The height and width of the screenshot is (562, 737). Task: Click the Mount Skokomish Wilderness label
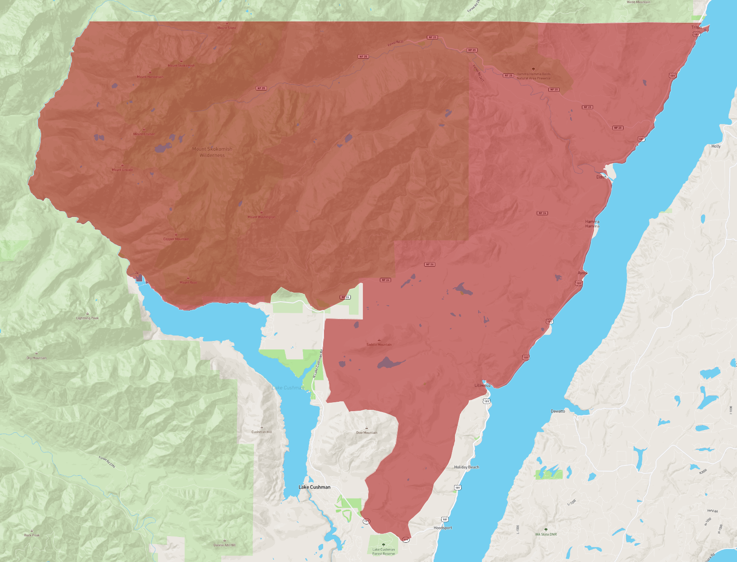(x=212, y=152)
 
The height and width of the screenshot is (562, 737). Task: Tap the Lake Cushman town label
(x=315, y=487)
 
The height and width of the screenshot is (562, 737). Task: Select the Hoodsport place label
(x=442, y=528)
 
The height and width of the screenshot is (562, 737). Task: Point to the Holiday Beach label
(x=467, y=467)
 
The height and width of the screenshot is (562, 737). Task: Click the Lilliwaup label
(x=482, y=385)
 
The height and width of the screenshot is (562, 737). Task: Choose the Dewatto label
(x=558, y=411)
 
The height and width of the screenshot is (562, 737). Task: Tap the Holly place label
(x=716, y=146)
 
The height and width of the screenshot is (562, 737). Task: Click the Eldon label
(x=601, y=177)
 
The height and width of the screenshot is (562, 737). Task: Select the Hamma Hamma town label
(x=592, y=224)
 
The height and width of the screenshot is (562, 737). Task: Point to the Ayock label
(x=583, y=273)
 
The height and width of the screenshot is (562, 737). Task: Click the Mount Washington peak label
(x=261, y=217)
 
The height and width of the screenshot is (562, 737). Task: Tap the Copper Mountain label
(x=176, y=239)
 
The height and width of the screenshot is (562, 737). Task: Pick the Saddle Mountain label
(x=379, y=345)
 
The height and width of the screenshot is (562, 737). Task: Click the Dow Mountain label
(x=366, y=433)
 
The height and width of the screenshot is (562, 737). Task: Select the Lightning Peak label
(x=87, y=318)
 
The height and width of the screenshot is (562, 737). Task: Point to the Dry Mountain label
(x=37, y=358)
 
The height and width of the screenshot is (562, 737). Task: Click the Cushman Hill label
(x=261, y=432)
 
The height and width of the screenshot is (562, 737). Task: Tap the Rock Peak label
(x=32, y=535)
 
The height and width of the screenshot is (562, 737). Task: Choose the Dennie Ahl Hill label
(x=224, y=545)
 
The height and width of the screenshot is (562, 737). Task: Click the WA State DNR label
(x=546, y=534)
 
